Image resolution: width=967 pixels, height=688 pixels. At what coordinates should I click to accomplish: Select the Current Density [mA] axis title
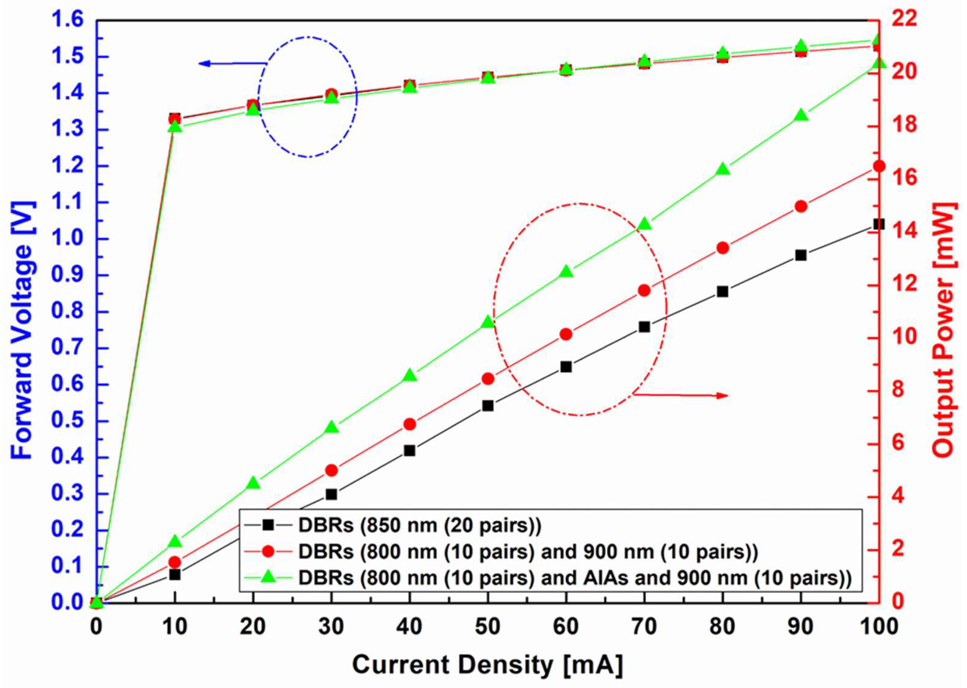click(487, 664)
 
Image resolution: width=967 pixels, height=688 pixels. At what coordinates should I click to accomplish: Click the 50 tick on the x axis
click(487, 626)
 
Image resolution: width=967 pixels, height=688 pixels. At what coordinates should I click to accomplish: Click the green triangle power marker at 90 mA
click(800, 115)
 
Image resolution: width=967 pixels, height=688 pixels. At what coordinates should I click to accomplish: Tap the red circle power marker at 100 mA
click(879, 166)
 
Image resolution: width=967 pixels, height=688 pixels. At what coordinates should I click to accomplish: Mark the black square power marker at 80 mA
click(722, 292)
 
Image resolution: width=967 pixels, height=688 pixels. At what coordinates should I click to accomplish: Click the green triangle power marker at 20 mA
click(253, 483)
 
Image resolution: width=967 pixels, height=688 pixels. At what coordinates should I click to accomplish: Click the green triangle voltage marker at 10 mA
click(175, 127)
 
